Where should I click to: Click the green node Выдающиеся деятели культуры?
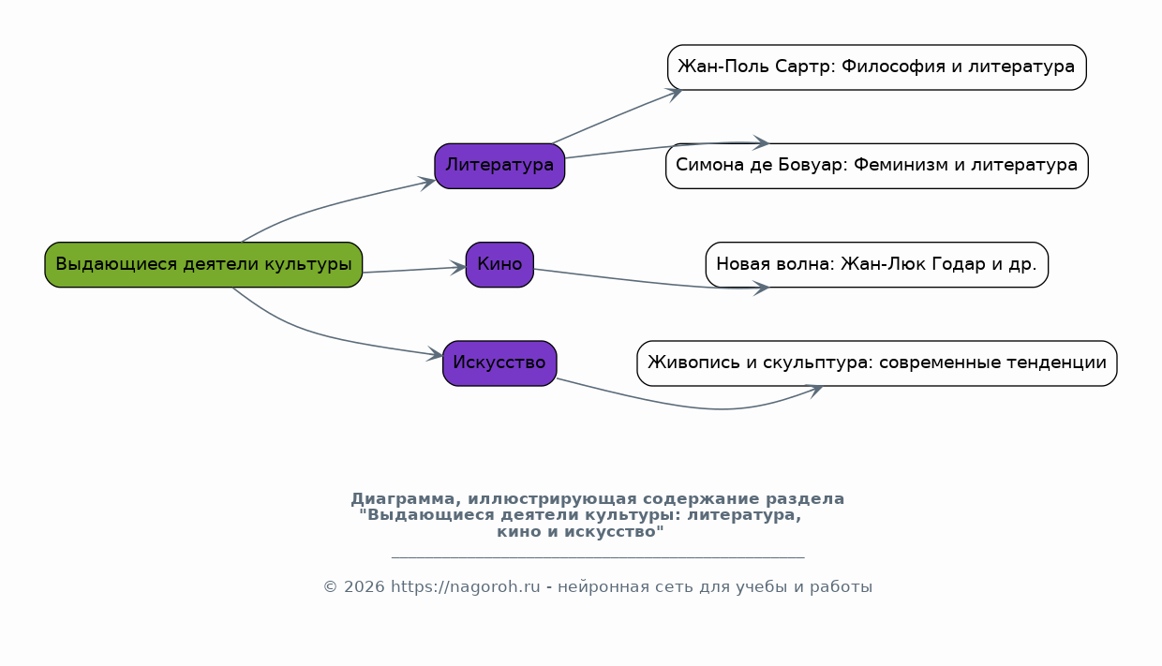coord(203,264)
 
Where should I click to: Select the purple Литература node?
coord(499,166)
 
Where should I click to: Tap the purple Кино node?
coord(499,264)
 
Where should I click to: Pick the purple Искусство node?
coord(499,363)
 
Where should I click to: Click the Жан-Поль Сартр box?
coord(876,67)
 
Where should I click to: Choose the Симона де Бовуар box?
coord(876,166)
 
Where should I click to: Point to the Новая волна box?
coord(876,264)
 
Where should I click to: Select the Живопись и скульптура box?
coord(876,363)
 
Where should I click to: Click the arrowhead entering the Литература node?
coord(427,182)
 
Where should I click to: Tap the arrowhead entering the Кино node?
coord(459,268)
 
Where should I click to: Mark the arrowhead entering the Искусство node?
coord(436,355)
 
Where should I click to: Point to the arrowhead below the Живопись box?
coord(815,390)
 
